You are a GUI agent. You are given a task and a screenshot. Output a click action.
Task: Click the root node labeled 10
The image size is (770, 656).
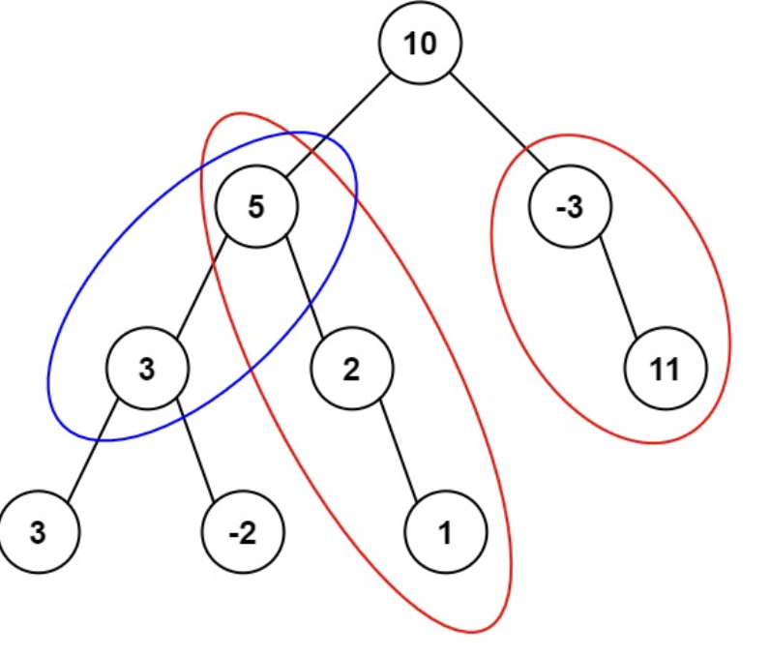click(x=420, y=45)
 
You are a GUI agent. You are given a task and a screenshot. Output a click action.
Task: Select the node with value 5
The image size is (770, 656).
click(x=256, y=207)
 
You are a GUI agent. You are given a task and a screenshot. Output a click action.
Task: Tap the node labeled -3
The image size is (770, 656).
click(x=571, y=207)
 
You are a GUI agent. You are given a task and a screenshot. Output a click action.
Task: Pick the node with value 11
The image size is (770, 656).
click(x=666, y=369)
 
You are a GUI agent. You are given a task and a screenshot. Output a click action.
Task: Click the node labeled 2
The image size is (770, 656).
click(x=352, y=369)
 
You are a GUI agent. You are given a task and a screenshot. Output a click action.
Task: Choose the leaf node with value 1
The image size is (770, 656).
click(x=445, y=533)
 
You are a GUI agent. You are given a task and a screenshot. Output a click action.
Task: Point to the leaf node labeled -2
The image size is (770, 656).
click(x=242, y=533)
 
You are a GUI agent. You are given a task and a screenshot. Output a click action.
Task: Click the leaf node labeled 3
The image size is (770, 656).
click(x=39, y=533)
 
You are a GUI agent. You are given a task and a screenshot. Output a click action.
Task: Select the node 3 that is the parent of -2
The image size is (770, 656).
click(x=147, y=369)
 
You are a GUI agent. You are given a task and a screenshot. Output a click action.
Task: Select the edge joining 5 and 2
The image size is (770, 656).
click(x=303, y=287)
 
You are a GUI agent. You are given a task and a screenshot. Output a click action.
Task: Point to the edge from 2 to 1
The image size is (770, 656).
click(x=398, y=450)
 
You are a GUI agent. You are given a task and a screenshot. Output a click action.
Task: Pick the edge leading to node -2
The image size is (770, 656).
click(x=194, y=451)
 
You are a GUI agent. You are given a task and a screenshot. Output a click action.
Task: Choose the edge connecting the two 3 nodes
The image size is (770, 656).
click(x=93, y=451)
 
